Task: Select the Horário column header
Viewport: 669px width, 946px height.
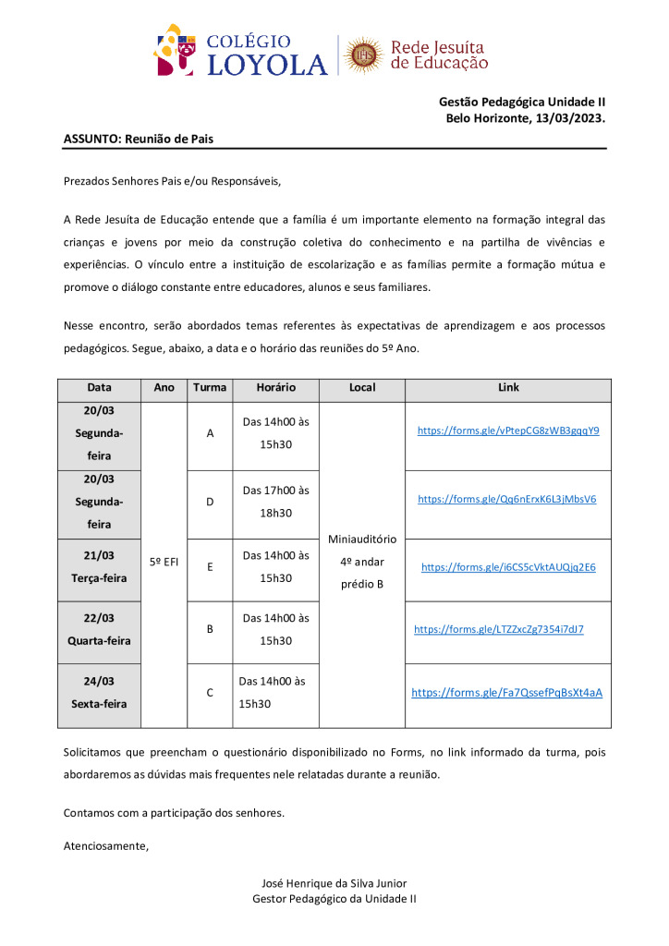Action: pyautogui.click(x=275, y=388)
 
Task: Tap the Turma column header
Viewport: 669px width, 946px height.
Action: pyautogui.click(x=210, y=388)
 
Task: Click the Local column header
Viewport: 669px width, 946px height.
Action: pyautogui.click(x=362, y=388)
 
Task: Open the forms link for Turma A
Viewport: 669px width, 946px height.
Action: pyautogui.click(x=508, y=431)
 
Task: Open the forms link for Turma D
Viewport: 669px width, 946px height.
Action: pyautogui.click(x=507, y=499)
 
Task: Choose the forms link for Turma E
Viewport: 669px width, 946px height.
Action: pyautogui.click(x=508, y=567)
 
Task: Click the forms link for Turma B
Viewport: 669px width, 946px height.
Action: pyautogui.click(x=499, y=629)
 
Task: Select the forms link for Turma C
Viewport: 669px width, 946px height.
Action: pyautogui.click(x=506, y=692)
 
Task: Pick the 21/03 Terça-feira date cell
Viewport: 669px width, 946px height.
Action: pyautogui.click(x=99, y=566)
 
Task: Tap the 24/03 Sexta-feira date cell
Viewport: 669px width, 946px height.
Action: pyautogui.click(x=99, y=692)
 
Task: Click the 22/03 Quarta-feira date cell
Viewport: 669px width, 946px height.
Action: pyautogui.click(x=99, y=629)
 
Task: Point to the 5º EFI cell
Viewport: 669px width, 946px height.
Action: pyautogui.click(x=164, y=561)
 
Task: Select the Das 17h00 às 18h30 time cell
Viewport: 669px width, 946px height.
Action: pyautogui.click(x=275, y=502)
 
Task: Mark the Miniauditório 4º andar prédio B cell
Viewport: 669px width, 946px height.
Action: pyautogui.click(x=362, y=561)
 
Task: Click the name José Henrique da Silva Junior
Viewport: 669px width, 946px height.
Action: pyautogui.click(x=334, y=883)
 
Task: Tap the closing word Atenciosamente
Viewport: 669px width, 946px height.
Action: pyautogui.click(x=105, y=845)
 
